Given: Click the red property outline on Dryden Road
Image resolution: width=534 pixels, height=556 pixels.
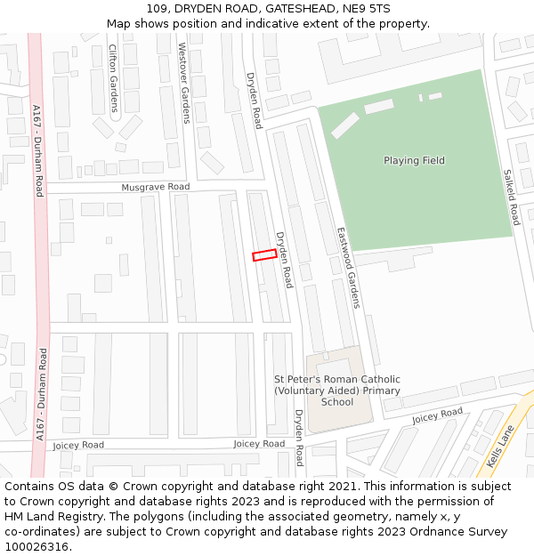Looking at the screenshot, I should pyautogui.click(x=264, y=255).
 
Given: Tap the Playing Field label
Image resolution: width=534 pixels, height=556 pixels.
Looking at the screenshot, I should pyautogui.click(x=414, y=161).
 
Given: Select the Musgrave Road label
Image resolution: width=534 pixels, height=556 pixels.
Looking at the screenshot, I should pyautogui.click(x=156, y=188).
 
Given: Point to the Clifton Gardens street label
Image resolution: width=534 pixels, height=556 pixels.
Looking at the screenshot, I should pyautogui.click(x=113, y=78).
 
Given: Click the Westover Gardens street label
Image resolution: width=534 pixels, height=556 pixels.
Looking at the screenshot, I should pyautogui.click(x=183, y=82).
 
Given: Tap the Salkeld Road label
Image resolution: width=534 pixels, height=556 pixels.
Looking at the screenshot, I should pyautogui.click(x=511, y=197).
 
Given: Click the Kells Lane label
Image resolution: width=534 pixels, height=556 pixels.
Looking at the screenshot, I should pyautogui.click(x=501, y=446).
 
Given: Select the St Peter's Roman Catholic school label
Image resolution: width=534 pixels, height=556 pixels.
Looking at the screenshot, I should pyautogui.click(x=337, y=391).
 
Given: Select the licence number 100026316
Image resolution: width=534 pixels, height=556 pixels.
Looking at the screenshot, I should pyautogui.click(x=36, y=547).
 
